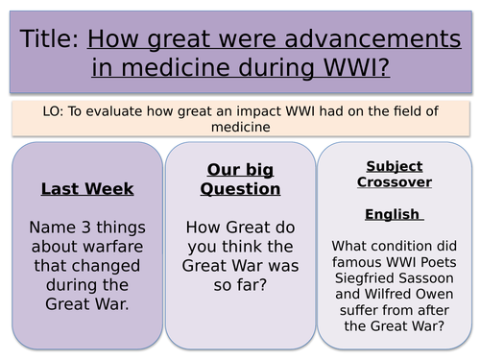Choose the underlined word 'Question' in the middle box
(240, 188)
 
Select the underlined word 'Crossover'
(393, 181)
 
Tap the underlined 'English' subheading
(391, 214)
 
